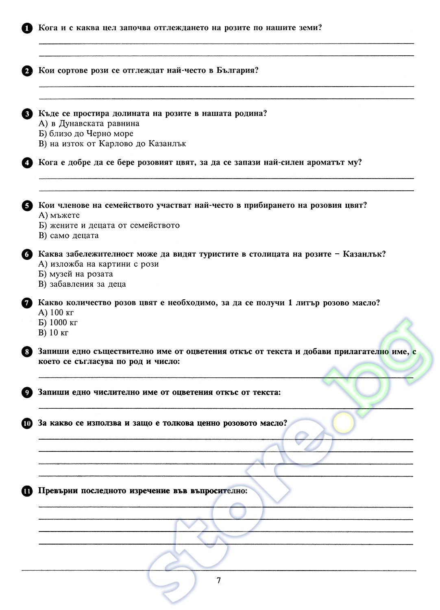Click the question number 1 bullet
(x=27, y=28)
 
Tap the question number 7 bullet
(x=27, y=303)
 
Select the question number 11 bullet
(x=27, y=491)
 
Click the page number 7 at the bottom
(x=219, y=580)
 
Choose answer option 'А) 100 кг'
(x=56, y=313)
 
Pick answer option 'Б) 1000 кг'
(x=58, y=322)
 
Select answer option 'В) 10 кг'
(x=54, y=333)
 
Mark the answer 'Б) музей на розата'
(x=76, y=274)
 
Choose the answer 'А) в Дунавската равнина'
(x=89, y=124)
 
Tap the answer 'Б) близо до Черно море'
(x=86, y=134)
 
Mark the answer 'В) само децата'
(x=69, y=235)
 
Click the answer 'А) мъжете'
(x=59, y=216)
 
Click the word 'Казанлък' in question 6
(x=364, y=254)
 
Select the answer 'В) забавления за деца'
(x=82, y=284)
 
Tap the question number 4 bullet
(x=27, y=163)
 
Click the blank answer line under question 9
(x=226, y=408)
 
